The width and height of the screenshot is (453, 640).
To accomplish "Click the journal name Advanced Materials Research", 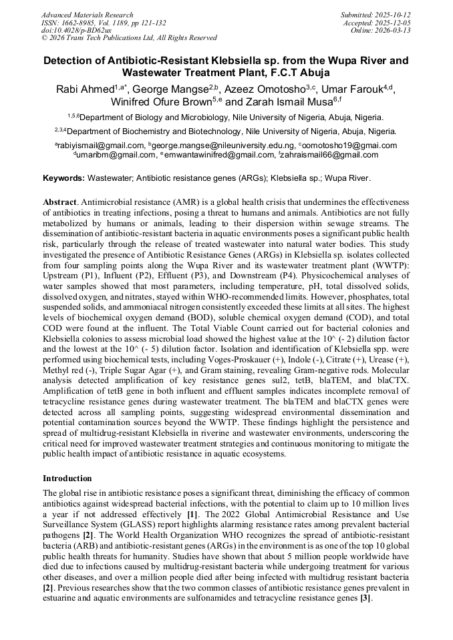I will [87, 15].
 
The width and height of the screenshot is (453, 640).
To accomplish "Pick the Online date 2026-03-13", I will [397, 30].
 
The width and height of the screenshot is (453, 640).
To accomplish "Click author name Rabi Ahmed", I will [85, 89].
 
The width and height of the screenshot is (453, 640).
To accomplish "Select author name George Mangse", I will [170, 89].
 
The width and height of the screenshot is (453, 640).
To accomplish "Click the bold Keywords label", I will [64, 179].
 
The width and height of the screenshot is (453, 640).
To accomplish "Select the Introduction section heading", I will [67, 478].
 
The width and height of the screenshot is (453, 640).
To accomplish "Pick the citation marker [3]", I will [365, 599].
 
